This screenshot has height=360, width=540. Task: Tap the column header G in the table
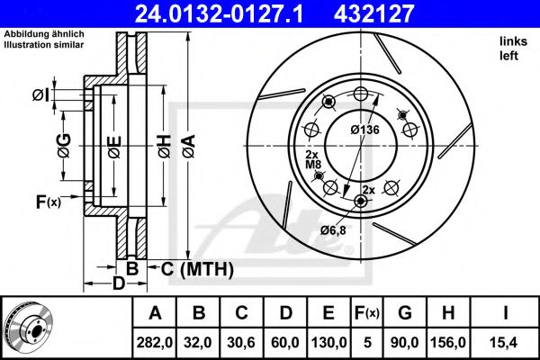tap(404, 312)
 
